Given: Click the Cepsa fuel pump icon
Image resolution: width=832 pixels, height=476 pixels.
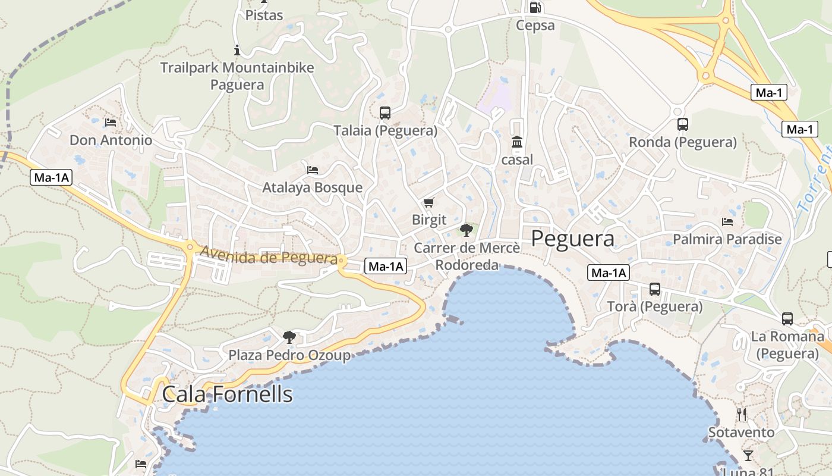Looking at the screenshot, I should point(535,8).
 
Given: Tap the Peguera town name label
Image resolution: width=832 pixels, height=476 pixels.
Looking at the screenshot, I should point(572,239).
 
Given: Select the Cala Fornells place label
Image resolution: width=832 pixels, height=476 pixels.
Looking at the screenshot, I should point(227,394).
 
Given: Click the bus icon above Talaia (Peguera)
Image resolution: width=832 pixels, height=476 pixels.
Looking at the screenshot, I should point(385,112).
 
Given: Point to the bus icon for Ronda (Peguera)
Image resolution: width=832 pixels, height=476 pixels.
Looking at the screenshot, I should point(683,124).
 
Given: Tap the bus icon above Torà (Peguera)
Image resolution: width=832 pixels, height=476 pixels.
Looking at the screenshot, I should point(655,289).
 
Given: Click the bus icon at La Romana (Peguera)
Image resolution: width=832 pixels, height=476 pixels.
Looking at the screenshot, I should point(787,319).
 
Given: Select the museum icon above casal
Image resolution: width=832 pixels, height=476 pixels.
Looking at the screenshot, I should point(517,142).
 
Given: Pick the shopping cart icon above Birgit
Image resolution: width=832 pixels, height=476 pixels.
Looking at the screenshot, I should point(429,203).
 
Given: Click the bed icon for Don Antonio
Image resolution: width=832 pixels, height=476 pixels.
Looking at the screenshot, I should point(111,123).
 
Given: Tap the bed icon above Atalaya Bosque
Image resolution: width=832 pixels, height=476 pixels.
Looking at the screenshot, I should point(313,170).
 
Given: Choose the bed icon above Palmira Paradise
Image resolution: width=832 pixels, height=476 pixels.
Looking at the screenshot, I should point(727,222).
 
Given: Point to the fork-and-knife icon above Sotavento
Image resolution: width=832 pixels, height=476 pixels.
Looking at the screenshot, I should point(742,415).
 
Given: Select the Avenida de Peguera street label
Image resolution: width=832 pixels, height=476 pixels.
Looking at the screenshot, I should point(269,256).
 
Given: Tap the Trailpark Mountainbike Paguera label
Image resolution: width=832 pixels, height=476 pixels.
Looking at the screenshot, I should point(237,76).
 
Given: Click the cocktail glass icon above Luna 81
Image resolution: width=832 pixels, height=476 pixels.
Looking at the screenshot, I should point(748,456).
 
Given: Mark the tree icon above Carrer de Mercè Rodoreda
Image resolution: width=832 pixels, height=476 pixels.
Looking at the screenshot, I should point(467,230).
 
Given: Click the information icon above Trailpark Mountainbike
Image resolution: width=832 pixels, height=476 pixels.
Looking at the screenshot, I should point(237,50).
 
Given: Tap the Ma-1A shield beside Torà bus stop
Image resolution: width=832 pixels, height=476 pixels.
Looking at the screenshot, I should point(608,273).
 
